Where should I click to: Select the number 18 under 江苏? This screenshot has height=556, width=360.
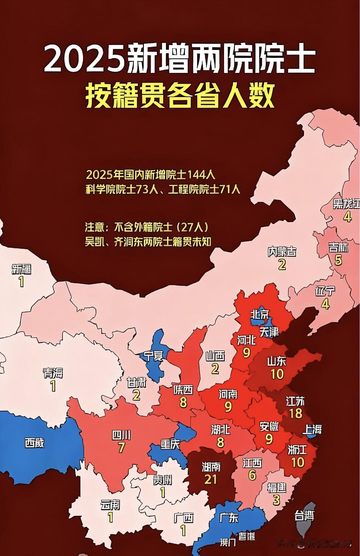295,413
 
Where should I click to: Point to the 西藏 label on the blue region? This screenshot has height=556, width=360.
34,443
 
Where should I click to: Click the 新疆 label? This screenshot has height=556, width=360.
21,269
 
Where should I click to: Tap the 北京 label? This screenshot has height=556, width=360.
260,314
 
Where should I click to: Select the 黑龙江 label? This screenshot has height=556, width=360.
346,204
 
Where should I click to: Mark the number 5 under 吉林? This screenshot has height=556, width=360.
338,260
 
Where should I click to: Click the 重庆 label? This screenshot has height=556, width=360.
170,444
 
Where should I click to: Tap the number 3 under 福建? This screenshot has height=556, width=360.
276,500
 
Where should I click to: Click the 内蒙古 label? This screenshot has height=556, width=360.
282,252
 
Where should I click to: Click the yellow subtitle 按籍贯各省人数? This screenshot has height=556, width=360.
180,97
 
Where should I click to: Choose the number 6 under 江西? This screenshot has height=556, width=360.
252,475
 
